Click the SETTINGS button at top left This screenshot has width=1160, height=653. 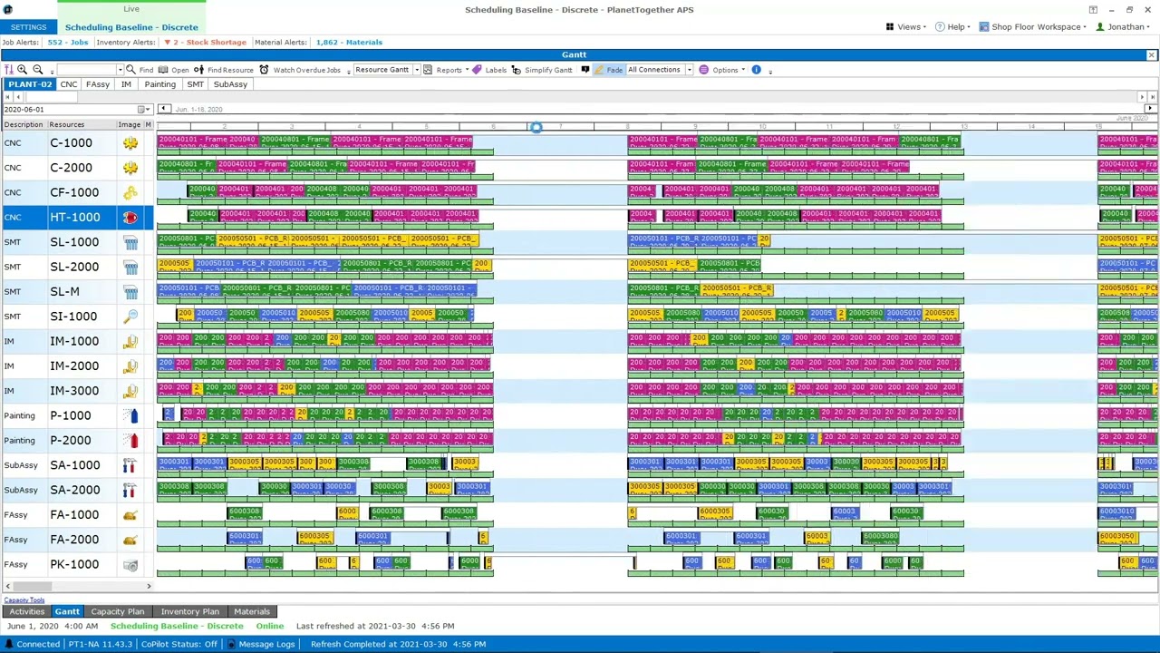(28, 27)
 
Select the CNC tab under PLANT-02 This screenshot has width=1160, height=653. (68, 84)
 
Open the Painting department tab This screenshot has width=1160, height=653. (159, 84)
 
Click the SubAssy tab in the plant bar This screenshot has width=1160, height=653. (230, 84)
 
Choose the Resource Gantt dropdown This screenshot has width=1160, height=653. (384, 70)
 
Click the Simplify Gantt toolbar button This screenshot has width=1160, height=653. (541, 70)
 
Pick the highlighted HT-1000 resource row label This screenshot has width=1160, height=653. (74, 218)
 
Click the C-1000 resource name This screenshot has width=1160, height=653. (71, 143)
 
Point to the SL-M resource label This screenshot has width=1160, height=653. (64, 292)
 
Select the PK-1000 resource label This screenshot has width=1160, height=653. (74, 565)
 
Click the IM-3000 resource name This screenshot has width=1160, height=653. (74, 391)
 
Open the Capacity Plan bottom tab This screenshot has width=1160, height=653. (117, 612)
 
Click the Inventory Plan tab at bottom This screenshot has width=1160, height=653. (189, 612)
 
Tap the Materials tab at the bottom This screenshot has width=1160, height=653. (252, 612)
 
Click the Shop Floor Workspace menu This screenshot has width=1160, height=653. (1034, 27)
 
